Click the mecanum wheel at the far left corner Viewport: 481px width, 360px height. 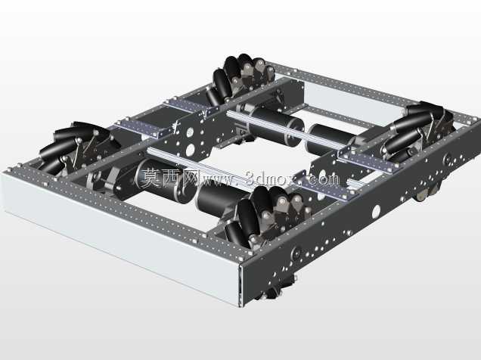76,147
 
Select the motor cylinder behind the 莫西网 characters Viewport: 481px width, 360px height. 166,181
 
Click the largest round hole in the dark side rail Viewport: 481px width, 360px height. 376,211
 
